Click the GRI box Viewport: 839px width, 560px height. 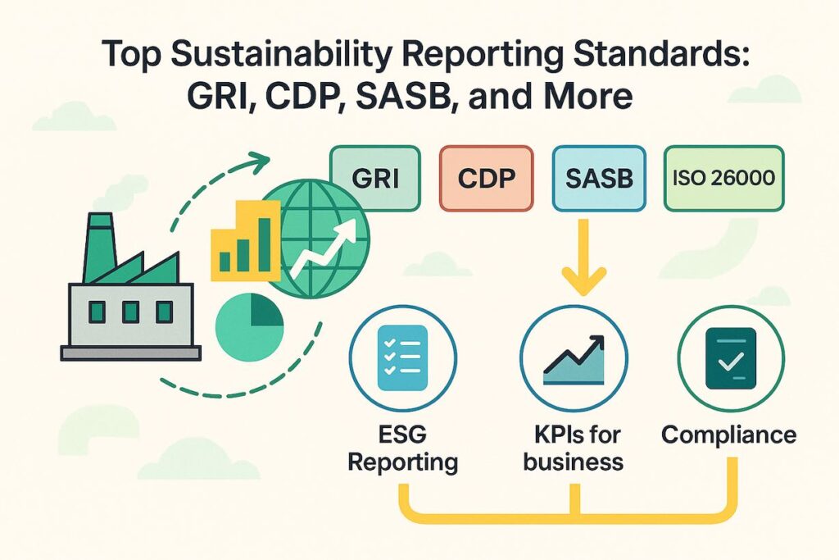click(x=374, y=180)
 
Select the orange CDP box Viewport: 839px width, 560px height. click(x=486, y=180)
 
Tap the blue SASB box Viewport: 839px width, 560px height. click(x=599, y=180)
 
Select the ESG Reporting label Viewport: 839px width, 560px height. click(x=402, y=447)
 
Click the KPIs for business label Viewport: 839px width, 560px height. click(x=574, y=447)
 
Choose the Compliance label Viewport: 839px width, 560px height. click(x=728, y=435)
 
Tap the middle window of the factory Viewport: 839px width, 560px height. click(x=130, y=312)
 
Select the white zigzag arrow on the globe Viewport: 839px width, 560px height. click(x=324, y=250)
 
